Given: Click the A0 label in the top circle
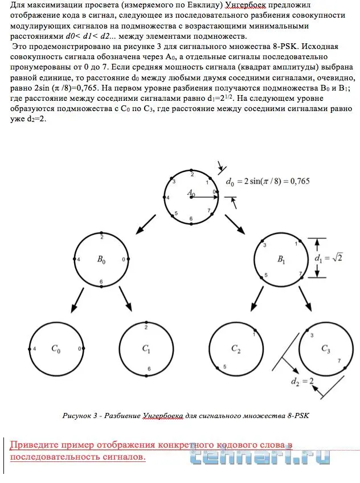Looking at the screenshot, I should click(x=191, y=194).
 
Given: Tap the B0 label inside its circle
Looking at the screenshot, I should click(x=101, y=260).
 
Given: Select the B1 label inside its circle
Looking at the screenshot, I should click(x=281, y=260).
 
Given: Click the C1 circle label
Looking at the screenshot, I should click(x=146, y=349).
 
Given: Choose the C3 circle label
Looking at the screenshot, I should click(x=326, y=349).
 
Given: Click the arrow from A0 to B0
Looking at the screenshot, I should click(x=146, y=224).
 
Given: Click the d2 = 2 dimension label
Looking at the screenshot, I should click(x=302, y=381).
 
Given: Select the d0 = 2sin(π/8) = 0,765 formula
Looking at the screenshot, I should click(x=268, y=182).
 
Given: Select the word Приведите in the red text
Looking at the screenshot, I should click(x=37, y=444).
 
